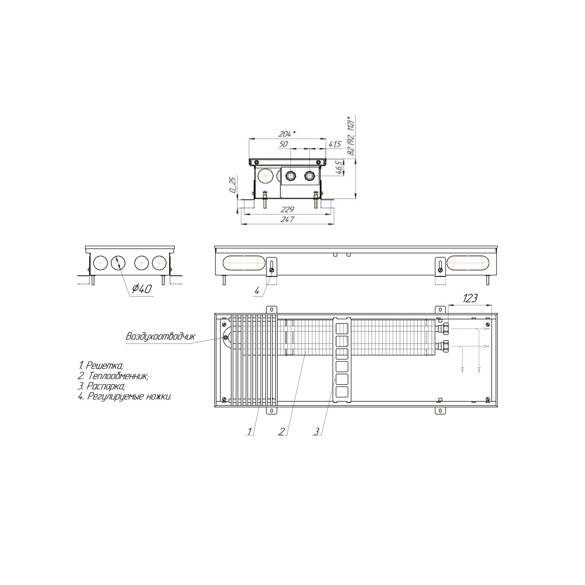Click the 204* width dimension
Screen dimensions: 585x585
287,134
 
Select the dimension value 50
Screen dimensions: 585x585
284,144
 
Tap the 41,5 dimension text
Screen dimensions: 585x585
335,144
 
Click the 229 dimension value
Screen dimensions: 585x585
287,209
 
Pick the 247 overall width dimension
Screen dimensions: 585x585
287,220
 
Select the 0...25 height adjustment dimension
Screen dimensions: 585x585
233,184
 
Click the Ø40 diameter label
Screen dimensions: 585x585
142,289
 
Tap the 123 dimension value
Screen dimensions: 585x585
470,299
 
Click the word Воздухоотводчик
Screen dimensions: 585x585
160,337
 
